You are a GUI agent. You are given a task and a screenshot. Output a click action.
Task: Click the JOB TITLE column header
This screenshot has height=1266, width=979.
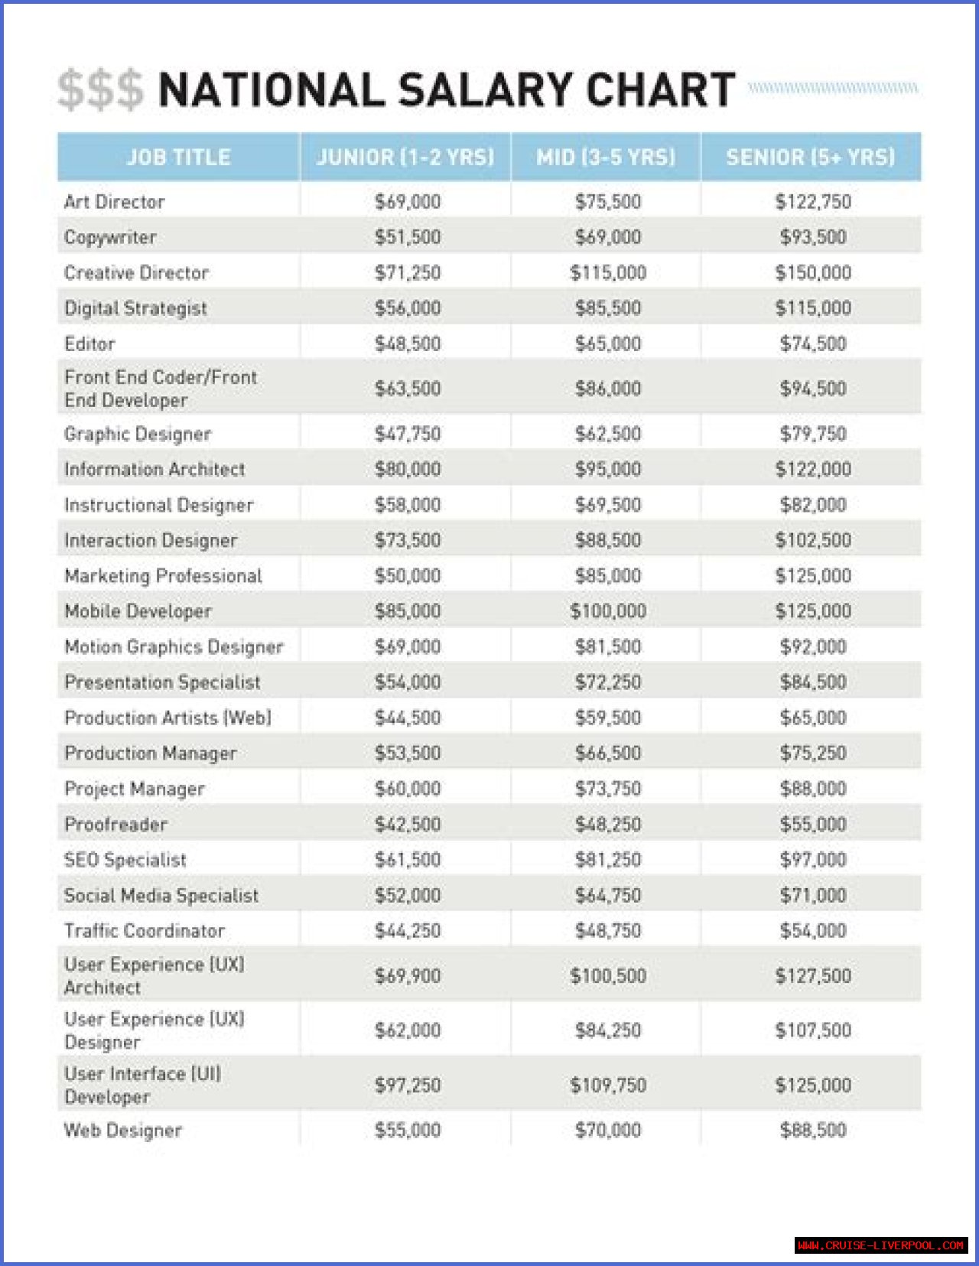click(x=178, y=158)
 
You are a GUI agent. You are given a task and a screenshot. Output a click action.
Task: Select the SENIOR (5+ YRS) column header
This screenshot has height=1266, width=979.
click(x=810, y=158)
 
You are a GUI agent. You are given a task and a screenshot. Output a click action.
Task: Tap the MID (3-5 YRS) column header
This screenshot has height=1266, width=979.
click(x=606, y=158)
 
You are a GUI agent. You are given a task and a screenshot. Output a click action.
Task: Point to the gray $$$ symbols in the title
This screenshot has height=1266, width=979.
click(x=100, y=90)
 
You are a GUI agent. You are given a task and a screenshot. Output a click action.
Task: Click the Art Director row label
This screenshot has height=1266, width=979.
click(x=115, y=202)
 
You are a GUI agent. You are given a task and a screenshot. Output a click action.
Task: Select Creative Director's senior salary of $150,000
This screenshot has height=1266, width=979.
click(x=813, y=273)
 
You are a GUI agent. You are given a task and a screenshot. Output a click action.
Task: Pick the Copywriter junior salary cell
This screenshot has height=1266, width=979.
click(x=408, y=237)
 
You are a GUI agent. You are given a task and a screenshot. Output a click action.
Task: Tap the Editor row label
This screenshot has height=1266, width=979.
click(x=90, y=344)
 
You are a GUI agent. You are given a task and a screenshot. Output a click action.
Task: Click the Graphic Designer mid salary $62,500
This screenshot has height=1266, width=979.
click(x=608, y=434)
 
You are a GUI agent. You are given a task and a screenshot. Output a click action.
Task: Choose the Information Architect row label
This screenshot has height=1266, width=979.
click(x=154, y=470)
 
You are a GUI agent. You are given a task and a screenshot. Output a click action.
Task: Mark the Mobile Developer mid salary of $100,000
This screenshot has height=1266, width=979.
click(x=608, y=611)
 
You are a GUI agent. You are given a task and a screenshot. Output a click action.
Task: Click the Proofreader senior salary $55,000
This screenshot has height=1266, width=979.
click(x=813, y=825)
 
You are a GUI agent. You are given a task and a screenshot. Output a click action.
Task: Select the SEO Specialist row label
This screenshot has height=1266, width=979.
click(x=125, y=860)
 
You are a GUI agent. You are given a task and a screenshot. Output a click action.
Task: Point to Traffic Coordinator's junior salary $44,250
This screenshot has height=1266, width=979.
click(x=408, y=931)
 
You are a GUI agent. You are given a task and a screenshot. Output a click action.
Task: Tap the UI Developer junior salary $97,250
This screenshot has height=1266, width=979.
click(x=408, y=1085)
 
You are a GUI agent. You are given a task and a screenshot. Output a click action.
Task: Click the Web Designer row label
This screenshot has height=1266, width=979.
click(x=123, y=1131)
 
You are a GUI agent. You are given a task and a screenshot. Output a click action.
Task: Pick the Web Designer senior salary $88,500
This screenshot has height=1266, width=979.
click(x=813, y=1131)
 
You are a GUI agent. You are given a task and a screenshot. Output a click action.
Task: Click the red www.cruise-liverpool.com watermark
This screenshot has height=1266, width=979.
click(x=880, y=1245)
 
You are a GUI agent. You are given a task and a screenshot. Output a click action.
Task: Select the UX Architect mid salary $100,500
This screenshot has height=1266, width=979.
click(x=608, y=976)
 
